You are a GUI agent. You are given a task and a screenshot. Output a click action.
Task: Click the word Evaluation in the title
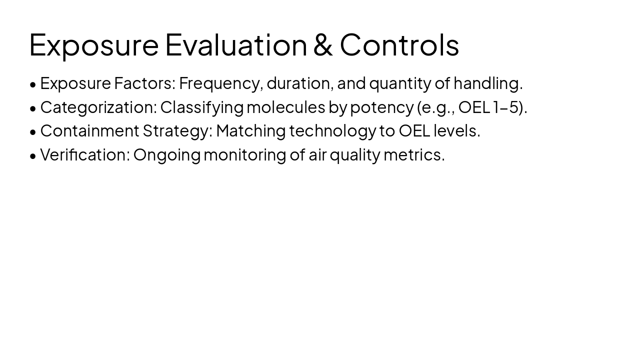click(x=235, y=44)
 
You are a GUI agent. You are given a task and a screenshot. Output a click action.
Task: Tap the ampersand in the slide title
click(x=323, y=44)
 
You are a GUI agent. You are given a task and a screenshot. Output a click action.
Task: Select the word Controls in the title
click(x=399, y=44)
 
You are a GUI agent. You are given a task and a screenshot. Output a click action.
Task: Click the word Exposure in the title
click(x=93, y=44)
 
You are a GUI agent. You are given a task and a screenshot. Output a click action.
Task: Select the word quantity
click(x=399, y=83)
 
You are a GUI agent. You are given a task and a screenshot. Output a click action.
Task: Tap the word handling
click(x=487, y=83)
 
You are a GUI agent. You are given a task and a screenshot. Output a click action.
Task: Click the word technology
click(x=332, y=131)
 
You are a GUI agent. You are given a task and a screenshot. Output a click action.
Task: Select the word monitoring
click(x=245, y=155)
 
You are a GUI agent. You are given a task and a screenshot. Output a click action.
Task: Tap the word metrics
click(x=413, y=155)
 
